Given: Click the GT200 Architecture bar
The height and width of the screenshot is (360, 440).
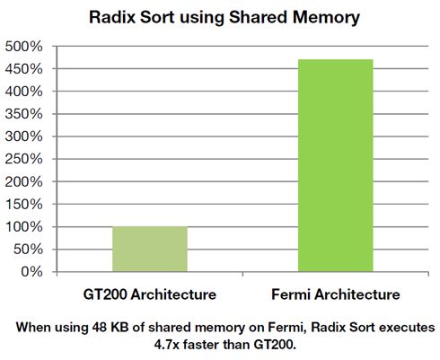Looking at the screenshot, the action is click(x=150, y=249).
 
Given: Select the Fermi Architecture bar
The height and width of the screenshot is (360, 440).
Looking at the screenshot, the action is click(x=336, y=165).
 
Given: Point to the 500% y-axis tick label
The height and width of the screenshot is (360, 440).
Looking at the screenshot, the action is click(x=24, y=47).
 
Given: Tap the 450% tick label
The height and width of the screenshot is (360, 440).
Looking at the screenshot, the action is click(x=24, y=69).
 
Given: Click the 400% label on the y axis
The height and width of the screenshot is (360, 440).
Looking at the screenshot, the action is click(x=24, y=92).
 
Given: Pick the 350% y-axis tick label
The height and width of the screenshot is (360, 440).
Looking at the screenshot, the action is click(x=24, y=114).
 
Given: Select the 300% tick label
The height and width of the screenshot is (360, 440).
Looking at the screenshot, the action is click(x=24, y=136).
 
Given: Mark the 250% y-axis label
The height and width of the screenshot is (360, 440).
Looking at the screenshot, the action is click(x=24, y=159).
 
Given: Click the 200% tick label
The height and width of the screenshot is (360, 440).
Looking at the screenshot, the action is click(x=24, y=181).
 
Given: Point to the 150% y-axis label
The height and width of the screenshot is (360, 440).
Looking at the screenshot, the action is click(x=24, y=205).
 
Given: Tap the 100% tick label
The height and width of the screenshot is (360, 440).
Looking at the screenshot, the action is click(x=24, y=227).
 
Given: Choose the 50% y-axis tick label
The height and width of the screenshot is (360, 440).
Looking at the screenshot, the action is click(x=28, y=250).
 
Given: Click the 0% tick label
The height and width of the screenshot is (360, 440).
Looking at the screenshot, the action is click(x=31, y=272).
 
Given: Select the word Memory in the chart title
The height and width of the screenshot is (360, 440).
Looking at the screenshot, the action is click(x=326, y=18).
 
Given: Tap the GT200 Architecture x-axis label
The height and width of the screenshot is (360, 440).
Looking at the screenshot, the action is click(x=150, y=294).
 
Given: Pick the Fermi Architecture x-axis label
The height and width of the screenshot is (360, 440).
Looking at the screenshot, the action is click(x=336, y=294).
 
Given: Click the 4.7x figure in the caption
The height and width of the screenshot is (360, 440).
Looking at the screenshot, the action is click(x=167, y=345).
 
